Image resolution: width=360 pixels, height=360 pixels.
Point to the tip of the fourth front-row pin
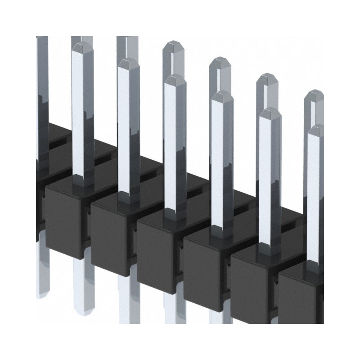pos(222,94)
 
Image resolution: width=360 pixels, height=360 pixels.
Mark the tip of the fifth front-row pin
pos(270,111)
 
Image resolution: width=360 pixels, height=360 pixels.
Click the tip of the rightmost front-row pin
pos(316,128)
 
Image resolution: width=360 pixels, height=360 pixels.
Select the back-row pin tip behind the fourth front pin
pos(220,60)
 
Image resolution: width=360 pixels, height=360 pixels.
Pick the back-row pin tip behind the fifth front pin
pos(267,76)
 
